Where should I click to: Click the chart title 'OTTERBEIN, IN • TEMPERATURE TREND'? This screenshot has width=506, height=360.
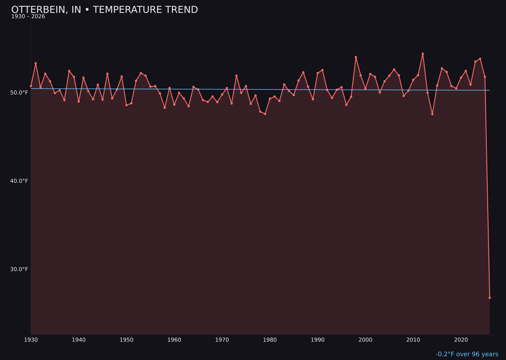click(x=104, y=10)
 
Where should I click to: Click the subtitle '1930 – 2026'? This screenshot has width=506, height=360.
click(x=28, y=17)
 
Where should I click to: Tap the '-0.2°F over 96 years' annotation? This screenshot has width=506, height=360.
click(x=467, y=354)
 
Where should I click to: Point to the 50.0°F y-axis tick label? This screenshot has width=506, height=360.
click(x=19, y=93)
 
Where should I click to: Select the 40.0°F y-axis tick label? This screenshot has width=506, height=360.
click(x=19, y=181)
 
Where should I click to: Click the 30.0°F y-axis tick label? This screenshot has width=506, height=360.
click(x=19, y=269)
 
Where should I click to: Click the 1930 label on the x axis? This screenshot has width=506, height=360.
click(x=31, y=339)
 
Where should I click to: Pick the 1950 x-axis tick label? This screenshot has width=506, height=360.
click(x=126, y=339)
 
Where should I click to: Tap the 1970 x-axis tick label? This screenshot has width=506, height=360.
click(x=222, y=339)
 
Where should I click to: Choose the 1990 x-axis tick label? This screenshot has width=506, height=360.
click(x=318, y=339)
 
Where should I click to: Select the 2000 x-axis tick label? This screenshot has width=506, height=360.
click(x=365, y=339)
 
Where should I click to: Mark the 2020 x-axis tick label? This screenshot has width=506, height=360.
click(x=461, y=339)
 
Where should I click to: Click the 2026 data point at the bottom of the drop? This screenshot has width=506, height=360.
click(x=490, y=298)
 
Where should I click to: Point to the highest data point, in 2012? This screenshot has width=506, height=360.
click(x=423, y=54)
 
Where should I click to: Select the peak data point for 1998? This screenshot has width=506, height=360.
click(x=356, y=57)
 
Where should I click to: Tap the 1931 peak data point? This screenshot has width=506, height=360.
click(x=36, y=63)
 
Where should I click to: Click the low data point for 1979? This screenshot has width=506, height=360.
click(x=265, y=114)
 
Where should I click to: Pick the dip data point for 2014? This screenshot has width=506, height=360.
click(x=432, y=114)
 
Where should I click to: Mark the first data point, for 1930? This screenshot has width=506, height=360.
click(x=31, y=86)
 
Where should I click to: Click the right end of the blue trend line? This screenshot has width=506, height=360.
click(x=489, y=90)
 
